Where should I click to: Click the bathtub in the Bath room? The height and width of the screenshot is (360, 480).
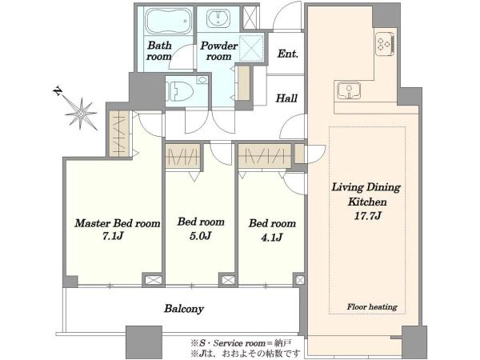pyautogui.click(x=168, y=21)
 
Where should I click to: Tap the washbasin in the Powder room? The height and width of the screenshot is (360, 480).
pyautogui.click(x=218, y=18)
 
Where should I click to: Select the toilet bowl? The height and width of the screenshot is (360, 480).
pyautogui.click(x=179, y=91)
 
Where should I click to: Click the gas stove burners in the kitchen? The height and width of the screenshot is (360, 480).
pyautogui.click(x=385, y=43)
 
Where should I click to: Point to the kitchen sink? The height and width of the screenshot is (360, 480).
pyautogui.click(x=349, y=90)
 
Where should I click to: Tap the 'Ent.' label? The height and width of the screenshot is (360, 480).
pyautogui.click(x=288, y=54)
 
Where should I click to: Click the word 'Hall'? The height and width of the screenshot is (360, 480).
pyautogui.click(x=286, y=98)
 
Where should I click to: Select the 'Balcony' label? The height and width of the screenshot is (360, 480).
pyautogui.click(x=184, y=309)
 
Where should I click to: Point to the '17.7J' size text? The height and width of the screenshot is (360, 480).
pyautogui.click(x=367, y=216)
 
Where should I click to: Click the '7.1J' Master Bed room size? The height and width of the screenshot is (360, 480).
pyautogui.click(x=114, y=236)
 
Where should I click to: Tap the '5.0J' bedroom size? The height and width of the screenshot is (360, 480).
pyautogui.click(x=201, y=235)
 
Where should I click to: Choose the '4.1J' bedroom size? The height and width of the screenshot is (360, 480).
pyautogui.click(x=272, y=238)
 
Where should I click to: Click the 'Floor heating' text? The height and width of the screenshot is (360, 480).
pyautogui.click(x=372, y=306)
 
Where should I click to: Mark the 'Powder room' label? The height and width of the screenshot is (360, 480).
pyautogui.click(x=218, y=51)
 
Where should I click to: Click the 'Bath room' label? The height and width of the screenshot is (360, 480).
pyautogui.click(x=159, y=51)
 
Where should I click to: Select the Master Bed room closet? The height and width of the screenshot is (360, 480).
pyautogui.click(x=119, y=134)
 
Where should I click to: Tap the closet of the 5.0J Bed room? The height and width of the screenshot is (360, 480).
pyautogui.click(x=183, y=155)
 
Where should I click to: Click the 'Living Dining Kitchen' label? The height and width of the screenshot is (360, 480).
pyautogui.click(x=366, y=194)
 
